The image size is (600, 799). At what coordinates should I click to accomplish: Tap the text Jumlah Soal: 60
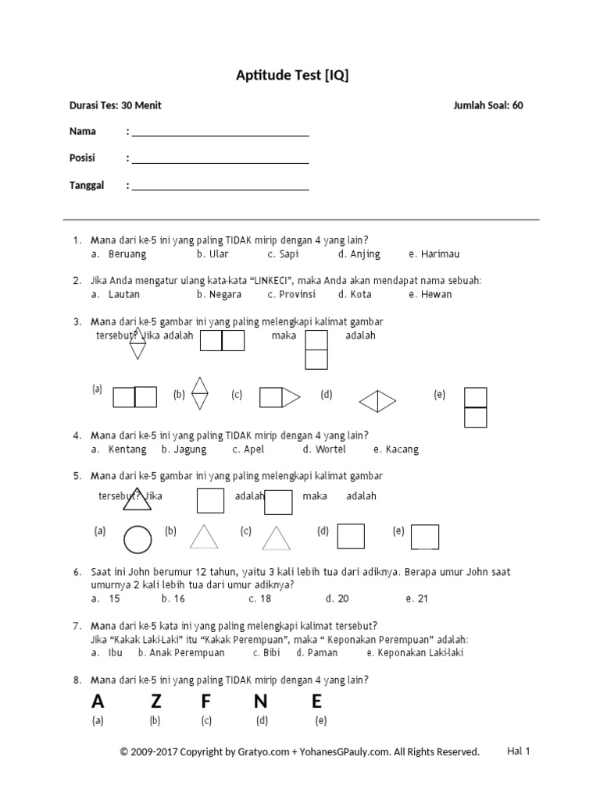click(488, 105)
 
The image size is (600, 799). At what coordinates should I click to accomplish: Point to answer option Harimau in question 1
click(439, 254)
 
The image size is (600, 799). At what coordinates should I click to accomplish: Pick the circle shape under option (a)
click(138, 539)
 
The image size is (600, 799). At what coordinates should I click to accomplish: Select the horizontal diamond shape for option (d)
click(378, 401)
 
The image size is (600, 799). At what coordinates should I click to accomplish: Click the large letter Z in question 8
click(155, 701)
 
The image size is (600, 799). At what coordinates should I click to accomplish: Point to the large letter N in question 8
click(260, 701)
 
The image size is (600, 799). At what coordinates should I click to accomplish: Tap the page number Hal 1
click(519, 751)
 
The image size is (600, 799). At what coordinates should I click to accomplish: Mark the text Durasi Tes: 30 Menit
click(116, 105)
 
